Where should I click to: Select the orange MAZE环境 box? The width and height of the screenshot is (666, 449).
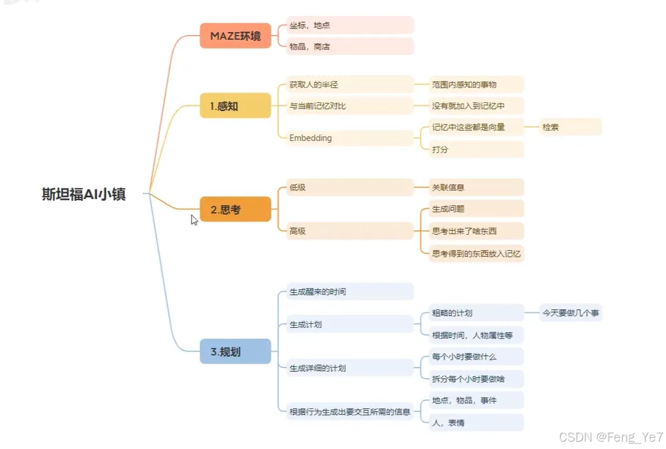(x=235, y=36)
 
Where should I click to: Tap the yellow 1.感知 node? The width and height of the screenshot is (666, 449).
(x=235, y=106)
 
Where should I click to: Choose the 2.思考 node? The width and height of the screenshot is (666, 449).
(x=235, y=210)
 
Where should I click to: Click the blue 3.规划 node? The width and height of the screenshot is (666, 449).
(x=235, y=352)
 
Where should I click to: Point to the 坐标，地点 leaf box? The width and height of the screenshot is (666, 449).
(x=350, y=25)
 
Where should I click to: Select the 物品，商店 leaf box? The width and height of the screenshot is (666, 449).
(x=350, y=47)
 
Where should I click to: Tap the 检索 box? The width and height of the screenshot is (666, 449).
(x=570, y=127)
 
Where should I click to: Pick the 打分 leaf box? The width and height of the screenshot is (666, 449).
(x=476, y=150)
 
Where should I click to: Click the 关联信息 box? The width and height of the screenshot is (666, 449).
(x=476, y=188)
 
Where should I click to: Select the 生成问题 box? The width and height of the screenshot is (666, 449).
(x=476, y=209)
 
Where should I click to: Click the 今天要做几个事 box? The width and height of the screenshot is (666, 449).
(x=572, y=313)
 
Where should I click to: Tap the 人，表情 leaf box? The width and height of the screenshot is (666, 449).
(x=476, y=422)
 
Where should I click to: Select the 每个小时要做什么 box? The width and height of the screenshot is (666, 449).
(x=476, y=357)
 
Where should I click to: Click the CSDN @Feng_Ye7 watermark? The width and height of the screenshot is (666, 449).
(x=611, y=437)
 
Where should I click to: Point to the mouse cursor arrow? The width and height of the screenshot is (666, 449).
(x=194, y=220)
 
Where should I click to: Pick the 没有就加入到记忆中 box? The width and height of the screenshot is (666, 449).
(x=476, y=106)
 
